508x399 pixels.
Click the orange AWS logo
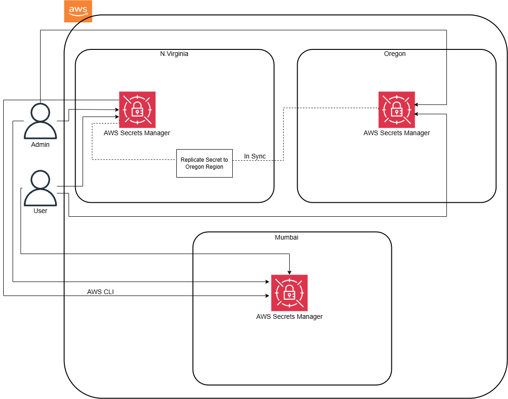pos(78,11)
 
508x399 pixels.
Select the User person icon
pos(40,188)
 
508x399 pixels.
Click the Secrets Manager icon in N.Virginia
pos(137,110)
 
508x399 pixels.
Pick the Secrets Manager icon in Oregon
pos(397,110)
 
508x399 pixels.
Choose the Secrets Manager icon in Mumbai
pos(290,293)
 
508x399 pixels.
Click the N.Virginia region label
pos(174,54)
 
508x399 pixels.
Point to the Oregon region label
pos(395,54)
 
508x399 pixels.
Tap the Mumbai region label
pos(286,237)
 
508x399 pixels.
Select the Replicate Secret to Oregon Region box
pos(204,163)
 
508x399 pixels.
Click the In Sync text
pos(255,156)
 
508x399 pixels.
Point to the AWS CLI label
pos(100,292)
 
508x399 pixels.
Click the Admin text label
pos(40,144)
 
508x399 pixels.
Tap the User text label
pos(40,211)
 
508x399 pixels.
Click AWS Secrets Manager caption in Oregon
pos(397,133)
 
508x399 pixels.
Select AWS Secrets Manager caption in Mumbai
pos(289,316)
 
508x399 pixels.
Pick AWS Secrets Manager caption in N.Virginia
pos(137,133)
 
